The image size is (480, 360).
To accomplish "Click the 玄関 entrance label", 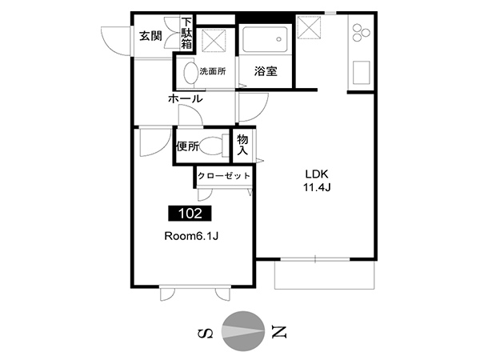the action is pyautogui.click(x=150, y=37).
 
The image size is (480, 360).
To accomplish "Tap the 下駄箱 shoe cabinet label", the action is pyautogui.click(x=186, y=34).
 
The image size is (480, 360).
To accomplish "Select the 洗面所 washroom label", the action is pyautogui.click(x=213, y=72).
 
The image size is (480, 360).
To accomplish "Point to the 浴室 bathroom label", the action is pyautogui.click(x=266, y=71).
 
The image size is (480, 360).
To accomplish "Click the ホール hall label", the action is pyautogui.click(x=186, y=98).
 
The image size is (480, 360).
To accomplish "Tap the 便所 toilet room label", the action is pyautogui.click(x=187, y=146).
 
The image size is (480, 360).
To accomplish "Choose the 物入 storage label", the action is pyautogui.click(x=242, y=145).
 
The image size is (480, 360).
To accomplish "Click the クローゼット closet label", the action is pyautogui.click(x=224, y=176).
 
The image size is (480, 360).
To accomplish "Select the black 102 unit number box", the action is pyautogui.click(x=190, y=213).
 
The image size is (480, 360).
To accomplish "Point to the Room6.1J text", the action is pyautogui.click(x=191, y=236).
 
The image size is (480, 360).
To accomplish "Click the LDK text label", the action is pyautogui.click(x=317, y=174).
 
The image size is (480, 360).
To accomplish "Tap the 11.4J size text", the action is pyautogui.click(x=317, y=187).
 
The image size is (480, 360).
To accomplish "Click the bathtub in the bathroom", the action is pyautogui.click(x=265, y=39).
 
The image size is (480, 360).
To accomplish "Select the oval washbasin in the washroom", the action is pyautogui.click(x=190, y=73).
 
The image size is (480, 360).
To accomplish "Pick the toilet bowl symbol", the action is pyautogui.click(x=214, y=146).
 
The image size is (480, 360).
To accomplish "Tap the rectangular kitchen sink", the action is pyautogui.click(x=362, y=72).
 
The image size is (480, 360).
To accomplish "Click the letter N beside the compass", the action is pyautogui.click(x=279, y=331).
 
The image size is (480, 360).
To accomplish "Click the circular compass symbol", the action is pyautogui.click(x=243, y=331).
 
